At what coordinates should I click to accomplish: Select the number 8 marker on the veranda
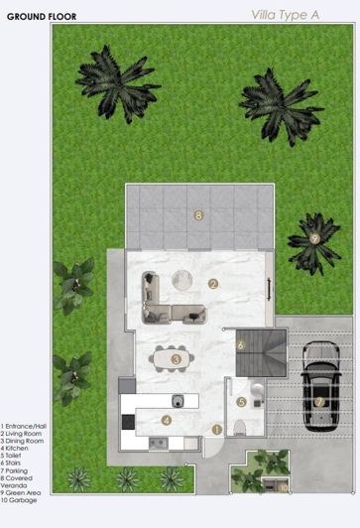point(198,214)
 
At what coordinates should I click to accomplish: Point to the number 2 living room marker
point(212,283)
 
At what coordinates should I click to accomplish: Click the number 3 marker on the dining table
point(176,358)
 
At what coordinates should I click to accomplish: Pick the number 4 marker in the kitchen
point(166,420)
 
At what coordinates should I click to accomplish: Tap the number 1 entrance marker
point(217,429)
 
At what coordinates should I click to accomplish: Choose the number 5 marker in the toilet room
point(241,402)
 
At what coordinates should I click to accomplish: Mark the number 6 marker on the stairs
point(241,344)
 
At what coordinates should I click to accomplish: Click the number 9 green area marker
point(314,238)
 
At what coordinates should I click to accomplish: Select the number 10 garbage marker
point(283,486)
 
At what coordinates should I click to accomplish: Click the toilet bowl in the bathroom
point(238,428)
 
